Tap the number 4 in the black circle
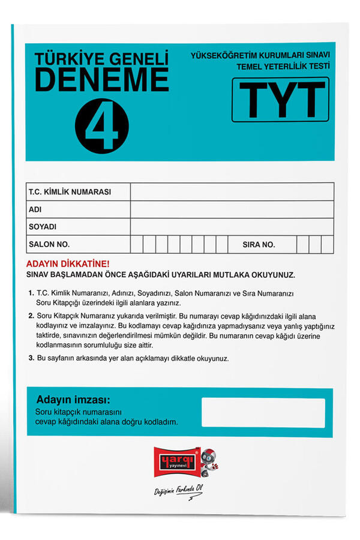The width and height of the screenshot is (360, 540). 102,125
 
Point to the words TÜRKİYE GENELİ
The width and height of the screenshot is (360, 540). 101,58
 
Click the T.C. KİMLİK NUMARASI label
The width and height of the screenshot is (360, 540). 70,193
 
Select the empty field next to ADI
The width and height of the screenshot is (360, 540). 232,209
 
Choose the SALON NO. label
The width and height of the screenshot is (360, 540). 49,244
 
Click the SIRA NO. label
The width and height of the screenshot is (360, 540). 259,244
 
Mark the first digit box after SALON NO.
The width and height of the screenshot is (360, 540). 137,244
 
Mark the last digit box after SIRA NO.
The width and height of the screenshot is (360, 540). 327,244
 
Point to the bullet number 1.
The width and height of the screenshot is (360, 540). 31,293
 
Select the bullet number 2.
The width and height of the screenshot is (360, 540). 31,316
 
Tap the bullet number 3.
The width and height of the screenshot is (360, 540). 31,358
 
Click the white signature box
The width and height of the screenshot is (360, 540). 263,413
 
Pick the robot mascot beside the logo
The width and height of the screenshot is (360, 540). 209,459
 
